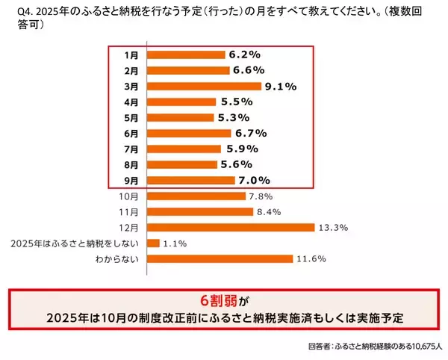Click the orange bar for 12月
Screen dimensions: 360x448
pos(231,228)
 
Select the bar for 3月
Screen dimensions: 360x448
pos(205,86)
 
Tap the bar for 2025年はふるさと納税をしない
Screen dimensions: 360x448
pos(153,243)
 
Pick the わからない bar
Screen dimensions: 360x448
pos(220,259)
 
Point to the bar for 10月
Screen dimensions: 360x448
pos(196,196)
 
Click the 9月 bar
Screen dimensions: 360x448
pos(191,180)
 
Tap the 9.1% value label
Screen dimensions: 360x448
pos(281,86)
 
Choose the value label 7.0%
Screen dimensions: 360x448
pos(254,180)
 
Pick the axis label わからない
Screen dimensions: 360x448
pos(118,259)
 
